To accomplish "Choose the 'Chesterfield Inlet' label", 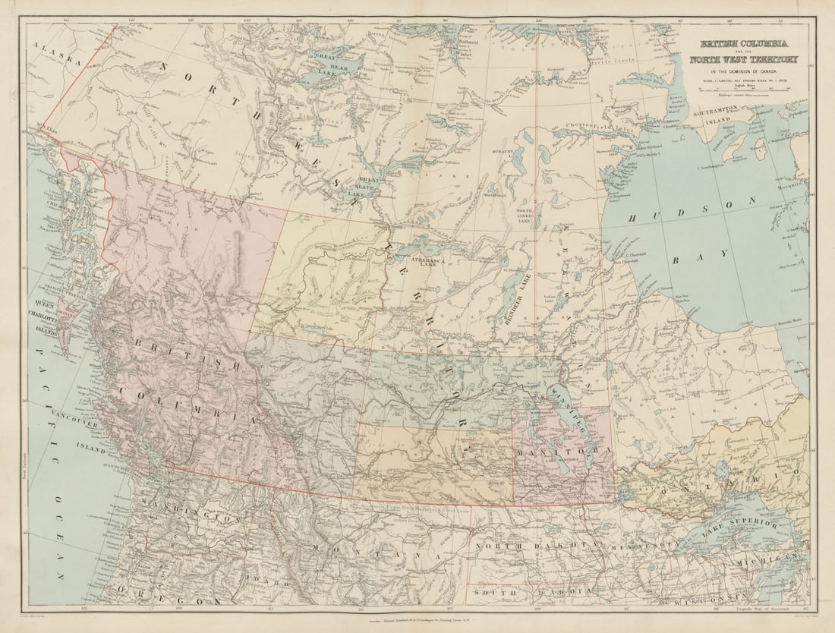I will [x=598, y=137].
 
